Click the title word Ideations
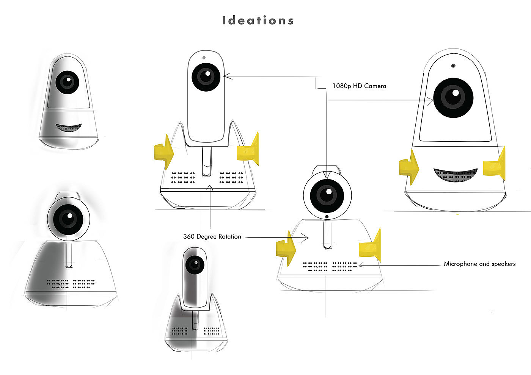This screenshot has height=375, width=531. click(258, 20)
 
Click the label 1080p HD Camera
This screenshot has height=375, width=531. click(359, 86)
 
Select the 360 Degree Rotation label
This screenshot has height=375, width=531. click(212, 236)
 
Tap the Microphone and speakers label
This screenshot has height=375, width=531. click(479, 264)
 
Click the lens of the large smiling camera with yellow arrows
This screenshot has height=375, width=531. click(453, 97)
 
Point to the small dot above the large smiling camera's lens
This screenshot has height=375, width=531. click(453, 66)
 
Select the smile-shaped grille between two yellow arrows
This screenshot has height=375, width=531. click(455, 175)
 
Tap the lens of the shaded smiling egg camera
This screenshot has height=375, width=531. click(68, 82)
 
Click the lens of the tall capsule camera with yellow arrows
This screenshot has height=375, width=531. click(206, 77)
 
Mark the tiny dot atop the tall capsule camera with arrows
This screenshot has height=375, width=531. click(204, 58)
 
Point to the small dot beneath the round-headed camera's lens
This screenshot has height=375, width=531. click(327, 217)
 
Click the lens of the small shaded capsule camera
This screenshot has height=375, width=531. click(195, 264)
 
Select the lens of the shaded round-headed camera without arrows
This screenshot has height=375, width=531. click(69, 219)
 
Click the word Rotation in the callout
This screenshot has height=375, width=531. click(229, 236)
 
